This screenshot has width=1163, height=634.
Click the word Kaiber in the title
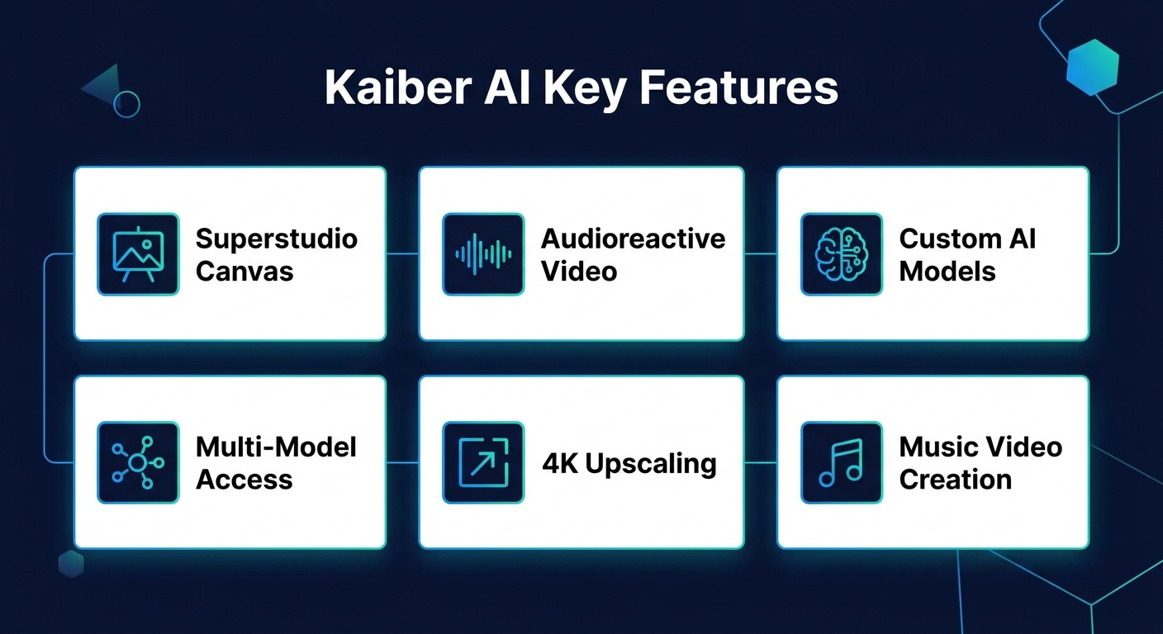[x=398, y=88]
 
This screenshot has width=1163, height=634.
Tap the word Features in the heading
[x=738, y=88]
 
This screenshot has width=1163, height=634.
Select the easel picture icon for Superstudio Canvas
[x=138, y=254]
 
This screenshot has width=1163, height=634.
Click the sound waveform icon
[x=483, y=254]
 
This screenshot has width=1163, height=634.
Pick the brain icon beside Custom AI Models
[x=842, y=254]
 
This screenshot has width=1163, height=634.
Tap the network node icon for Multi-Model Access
[x=138, y=462]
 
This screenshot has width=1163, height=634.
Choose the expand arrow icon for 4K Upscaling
[x=483, y=462]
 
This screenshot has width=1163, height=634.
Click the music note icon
[x=842, y=462]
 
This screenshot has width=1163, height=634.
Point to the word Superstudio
[x=277, y=239]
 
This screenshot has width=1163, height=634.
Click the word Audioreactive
[x=634, y=239]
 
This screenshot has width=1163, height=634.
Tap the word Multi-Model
[x=276, y=447]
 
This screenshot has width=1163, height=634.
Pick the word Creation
[x=956, y=480]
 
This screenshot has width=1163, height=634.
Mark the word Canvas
[x=244, y=272]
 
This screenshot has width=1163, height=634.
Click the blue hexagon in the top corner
[x=1093, y=68]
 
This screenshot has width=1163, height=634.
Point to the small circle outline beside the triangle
[x=126, y=104]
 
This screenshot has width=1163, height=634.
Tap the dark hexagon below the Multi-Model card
[x=71, y=564]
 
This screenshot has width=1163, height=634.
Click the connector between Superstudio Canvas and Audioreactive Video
[x=402, y=253]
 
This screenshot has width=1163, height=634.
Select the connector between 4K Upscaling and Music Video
[x=761, y=462]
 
